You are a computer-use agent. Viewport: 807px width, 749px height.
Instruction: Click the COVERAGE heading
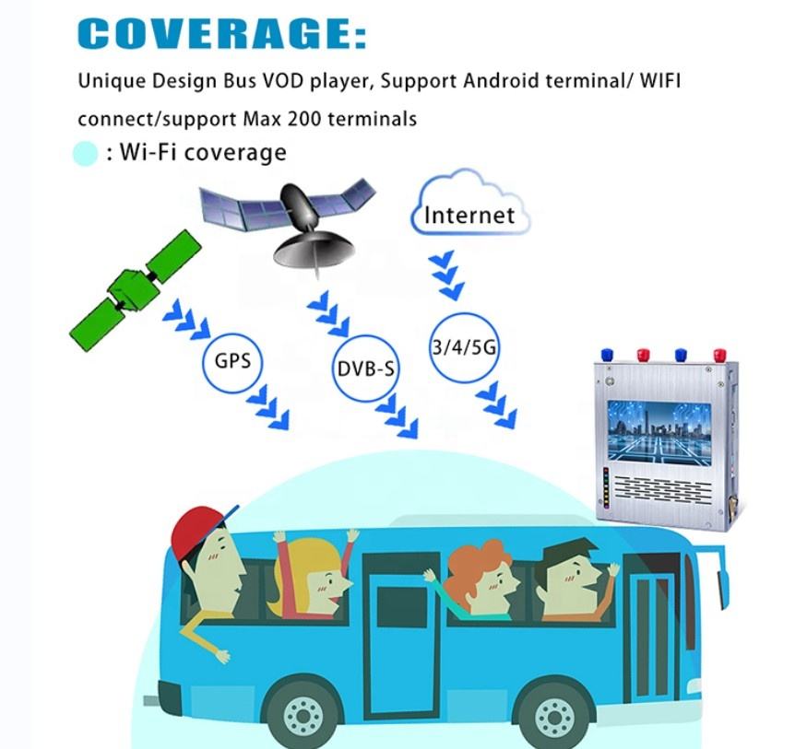(x=221, y=33)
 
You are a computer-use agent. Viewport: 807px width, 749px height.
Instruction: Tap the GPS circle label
(x=231, y=359)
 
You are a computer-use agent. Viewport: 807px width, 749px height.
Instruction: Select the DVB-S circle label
(x=364, y=370)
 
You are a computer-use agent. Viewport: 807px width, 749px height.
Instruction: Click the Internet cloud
(x=470, y=209)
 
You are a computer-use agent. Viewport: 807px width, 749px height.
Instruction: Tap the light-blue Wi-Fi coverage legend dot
(x=86, y=154)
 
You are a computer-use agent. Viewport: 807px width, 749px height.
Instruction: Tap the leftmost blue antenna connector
(x=607, y=354)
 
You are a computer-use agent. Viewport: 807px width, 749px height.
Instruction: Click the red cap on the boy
(x=197, y=525)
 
